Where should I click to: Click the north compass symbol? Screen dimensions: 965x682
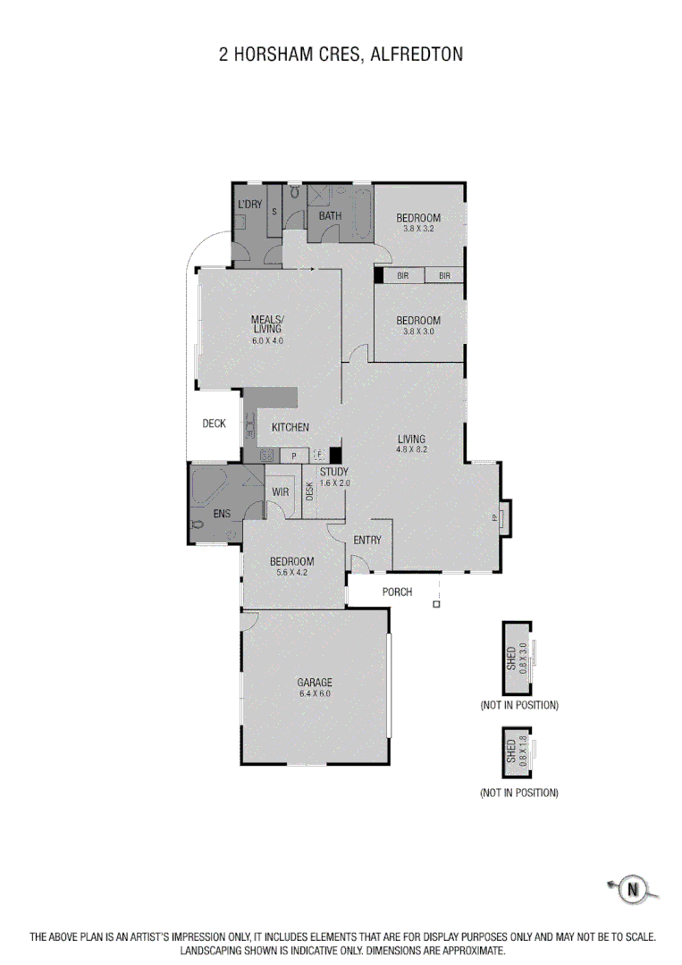(x=633, y=888)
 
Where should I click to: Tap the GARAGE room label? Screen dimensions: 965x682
(x=315, y=683)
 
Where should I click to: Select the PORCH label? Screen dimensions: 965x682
(x=397, y=592)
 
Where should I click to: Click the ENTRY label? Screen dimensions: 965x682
(x=367, y=540)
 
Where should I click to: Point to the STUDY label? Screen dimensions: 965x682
(x=333, y=472)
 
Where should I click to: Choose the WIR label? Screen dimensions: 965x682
(x=280, y=492)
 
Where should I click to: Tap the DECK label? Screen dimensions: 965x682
(x=214, y=424)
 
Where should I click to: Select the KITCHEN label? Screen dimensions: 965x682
(x=290, y=427)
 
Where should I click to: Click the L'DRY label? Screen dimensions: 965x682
(x=249, y=205)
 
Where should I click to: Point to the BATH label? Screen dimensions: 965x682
(x=330, y=215)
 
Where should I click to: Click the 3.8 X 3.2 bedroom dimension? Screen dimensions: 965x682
(x=418, y=229)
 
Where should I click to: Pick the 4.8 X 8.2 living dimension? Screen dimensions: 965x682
(x=412, y=449)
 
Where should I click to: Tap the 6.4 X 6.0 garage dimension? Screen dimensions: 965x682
(x=315, y=693)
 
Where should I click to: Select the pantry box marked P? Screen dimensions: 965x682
(x=294, y=456)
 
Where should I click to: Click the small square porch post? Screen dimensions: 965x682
(x=436, y=605)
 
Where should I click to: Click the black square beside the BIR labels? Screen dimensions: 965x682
(x=378, y=275)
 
